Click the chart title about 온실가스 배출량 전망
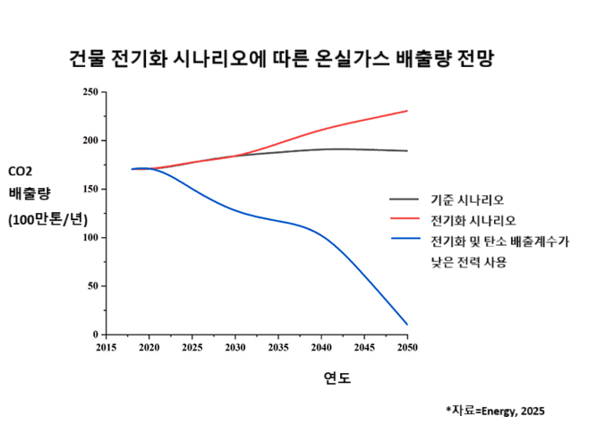pyautogui.click(x=282, y=60)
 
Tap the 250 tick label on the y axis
pyautogui.click(x=90, y=92)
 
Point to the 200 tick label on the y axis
pyautogui.click(x=90, y=140)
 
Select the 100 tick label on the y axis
pyautogui.click(x=90, y=238)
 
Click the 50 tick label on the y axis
pyautogui.click(x=93, y=286)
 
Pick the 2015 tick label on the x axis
pyautogui.click(x=106, y=346)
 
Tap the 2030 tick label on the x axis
pyautogui.click(x=235, y=346)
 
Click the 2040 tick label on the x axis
pyautogui.click(x=321, y=346)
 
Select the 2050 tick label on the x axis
pyautogui.click(x=407, y=346)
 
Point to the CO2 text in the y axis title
pyautogui.click(x=21, y=171)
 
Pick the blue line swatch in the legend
pyautogui.click(x=404, y=239)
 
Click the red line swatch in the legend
pyautogui.click(x=404, y=219)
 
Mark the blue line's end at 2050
pyautogui.click(x=407, y=324)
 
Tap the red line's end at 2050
pyautogui.click(x=407, y=111)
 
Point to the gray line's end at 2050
pyautogui.click(x=407, y=151)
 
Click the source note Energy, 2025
pyautogui.click(x=494, y=411)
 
